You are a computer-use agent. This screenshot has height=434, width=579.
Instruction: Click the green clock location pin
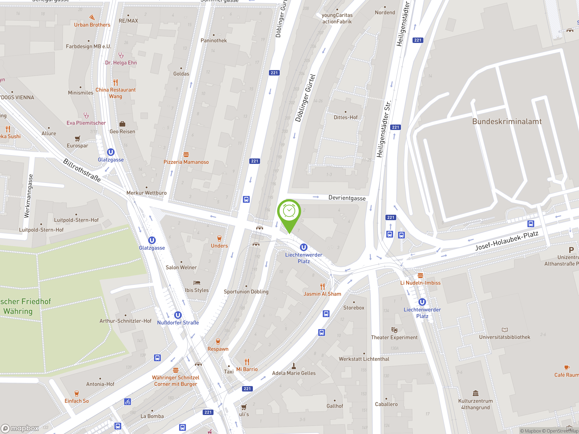(x=289, y=212)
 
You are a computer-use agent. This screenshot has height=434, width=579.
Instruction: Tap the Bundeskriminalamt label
(x=507, y=121)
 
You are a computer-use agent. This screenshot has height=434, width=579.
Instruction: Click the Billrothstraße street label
(x=82, y=170)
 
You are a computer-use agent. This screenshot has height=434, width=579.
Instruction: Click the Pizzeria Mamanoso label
(x=186, y=162)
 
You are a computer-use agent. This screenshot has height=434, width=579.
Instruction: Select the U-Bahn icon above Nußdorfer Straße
(x=178, y=315)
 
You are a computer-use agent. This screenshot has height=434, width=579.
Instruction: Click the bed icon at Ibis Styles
(x=197, y=283)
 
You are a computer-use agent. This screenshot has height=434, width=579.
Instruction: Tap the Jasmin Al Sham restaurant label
(x=322, y=294)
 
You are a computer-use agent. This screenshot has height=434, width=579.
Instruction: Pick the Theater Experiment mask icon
(x=394, y=330)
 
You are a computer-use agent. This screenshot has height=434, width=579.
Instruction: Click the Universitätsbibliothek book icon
(x=505, y=330)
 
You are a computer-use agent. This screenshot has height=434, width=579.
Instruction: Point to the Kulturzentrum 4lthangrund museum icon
(x=475, y=393)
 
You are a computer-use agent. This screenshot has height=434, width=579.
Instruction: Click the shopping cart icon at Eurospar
(x=78, y=138)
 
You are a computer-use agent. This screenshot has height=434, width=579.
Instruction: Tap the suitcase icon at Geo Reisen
(x=122, y=124)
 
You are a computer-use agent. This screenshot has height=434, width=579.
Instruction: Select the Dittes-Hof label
(x=346, y=118)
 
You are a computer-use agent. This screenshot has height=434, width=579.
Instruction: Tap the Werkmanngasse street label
(x=28, y=196)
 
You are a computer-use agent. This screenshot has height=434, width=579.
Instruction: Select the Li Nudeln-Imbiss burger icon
(x=420, y=276)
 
